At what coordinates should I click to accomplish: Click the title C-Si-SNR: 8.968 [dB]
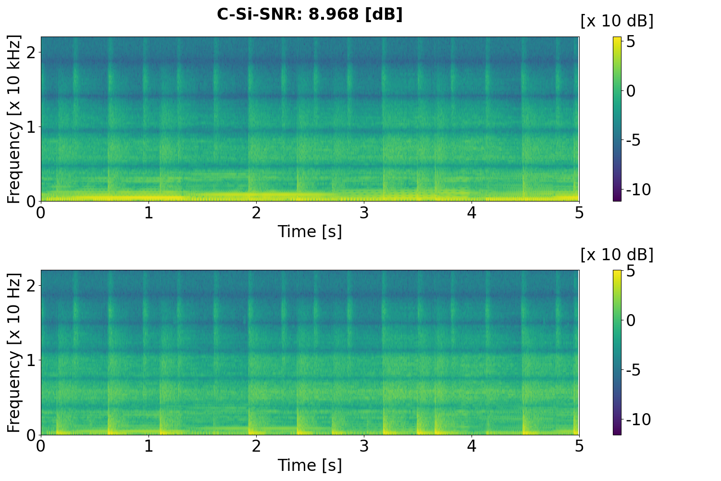310,14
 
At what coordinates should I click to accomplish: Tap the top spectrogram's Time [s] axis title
310,231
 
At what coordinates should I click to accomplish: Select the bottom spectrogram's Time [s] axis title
310,465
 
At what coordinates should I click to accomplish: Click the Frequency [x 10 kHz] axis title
14,119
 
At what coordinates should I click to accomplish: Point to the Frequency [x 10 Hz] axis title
14,353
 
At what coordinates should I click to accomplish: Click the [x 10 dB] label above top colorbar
617,21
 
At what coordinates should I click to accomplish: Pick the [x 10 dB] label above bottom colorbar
617,254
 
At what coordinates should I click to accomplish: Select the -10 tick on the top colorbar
639,190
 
